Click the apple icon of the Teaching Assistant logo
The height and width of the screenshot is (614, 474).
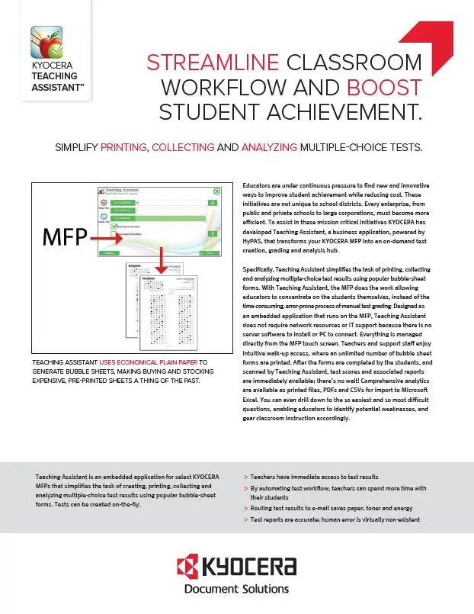46,43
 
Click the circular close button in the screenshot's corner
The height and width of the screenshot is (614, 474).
216,191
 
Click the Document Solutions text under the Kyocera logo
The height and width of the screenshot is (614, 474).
237,590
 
